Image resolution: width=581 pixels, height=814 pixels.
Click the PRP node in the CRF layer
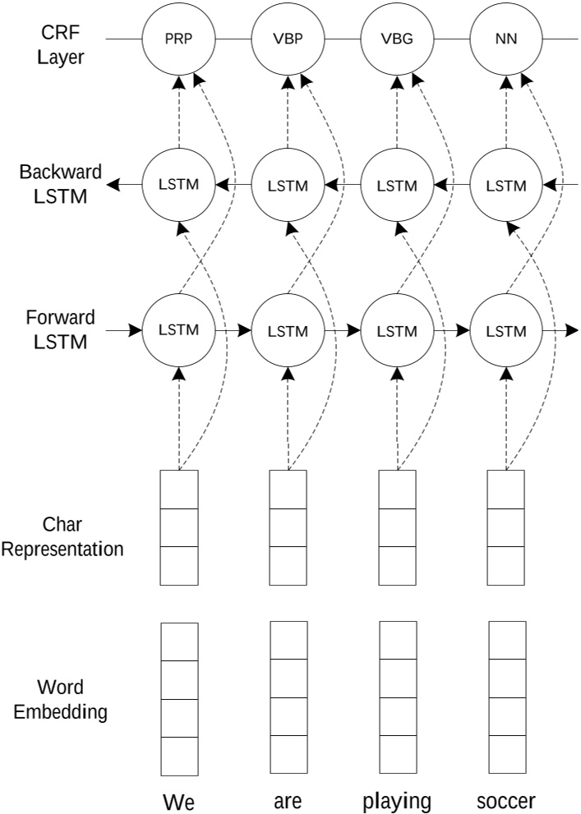tap(178, 39)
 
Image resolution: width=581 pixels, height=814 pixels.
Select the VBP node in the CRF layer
tap(288, 39)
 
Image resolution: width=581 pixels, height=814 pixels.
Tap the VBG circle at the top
tap(397, 39)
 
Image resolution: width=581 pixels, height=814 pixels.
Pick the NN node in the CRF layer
tap(506, 39)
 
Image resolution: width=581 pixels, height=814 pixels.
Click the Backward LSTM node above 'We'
tap(178, 185)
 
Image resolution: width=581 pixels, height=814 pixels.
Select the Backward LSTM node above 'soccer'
tap(506, 185)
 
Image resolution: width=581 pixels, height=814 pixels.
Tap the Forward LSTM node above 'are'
tap(288, 331)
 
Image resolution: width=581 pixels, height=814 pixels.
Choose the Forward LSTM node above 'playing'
tap(397, 331)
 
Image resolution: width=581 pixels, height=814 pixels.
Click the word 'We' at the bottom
tap(178, 801)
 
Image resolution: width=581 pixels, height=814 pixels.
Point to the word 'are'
tap(288, 801)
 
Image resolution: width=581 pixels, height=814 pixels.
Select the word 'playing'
tap(397, 801)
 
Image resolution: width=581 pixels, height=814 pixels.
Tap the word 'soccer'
tap(506, 801)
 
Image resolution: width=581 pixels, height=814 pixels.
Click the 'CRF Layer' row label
tap(62, 45)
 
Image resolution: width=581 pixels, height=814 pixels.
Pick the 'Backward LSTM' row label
tap(62, 184)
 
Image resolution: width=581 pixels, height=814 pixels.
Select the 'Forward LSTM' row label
tap(62, 329)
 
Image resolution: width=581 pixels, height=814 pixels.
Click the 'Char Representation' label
tap(62, 536)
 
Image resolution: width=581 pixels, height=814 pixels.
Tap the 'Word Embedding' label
tap(62, 699)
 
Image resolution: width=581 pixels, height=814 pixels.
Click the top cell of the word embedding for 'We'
tap(178, 641)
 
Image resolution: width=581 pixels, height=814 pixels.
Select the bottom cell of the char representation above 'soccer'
tap(506, 565)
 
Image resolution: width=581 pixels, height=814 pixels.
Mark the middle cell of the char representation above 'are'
tap(288, 527)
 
